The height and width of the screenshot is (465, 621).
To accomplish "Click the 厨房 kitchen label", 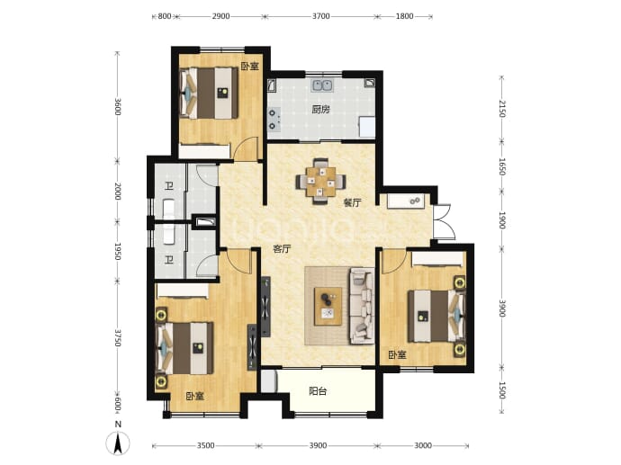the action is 320,110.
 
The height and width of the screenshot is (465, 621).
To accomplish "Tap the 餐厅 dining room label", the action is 352,203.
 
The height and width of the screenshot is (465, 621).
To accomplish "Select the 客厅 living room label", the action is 282,249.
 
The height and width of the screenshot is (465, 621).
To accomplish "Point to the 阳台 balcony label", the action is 318,392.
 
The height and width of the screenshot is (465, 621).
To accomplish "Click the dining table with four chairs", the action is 320,182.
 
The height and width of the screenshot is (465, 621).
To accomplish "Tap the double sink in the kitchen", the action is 322,85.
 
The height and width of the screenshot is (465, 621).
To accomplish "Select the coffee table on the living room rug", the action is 328,307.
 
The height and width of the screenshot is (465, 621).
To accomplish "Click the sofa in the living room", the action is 362,306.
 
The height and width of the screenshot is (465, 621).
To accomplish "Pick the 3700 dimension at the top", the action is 320,16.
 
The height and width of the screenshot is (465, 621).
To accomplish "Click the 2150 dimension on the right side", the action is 502,109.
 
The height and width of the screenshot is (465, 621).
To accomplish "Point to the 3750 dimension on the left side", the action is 117,337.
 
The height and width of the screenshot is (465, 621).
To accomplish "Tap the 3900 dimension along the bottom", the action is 318,445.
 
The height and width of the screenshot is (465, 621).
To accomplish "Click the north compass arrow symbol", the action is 118,443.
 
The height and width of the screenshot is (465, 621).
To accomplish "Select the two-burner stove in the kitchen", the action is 274,120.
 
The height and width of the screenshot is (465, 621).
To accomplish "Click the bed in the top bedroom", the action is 209,94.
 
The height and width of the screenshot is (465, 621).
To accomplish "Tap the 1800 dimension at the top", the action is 404,16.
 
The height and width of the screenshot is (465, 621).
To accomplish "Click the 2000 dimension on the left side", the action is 117,192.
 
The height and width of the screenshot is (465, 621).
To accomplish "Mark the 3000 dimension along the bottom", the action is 423,445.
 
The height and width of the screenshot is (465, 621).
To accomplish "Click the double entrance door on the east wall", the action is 443,221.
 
